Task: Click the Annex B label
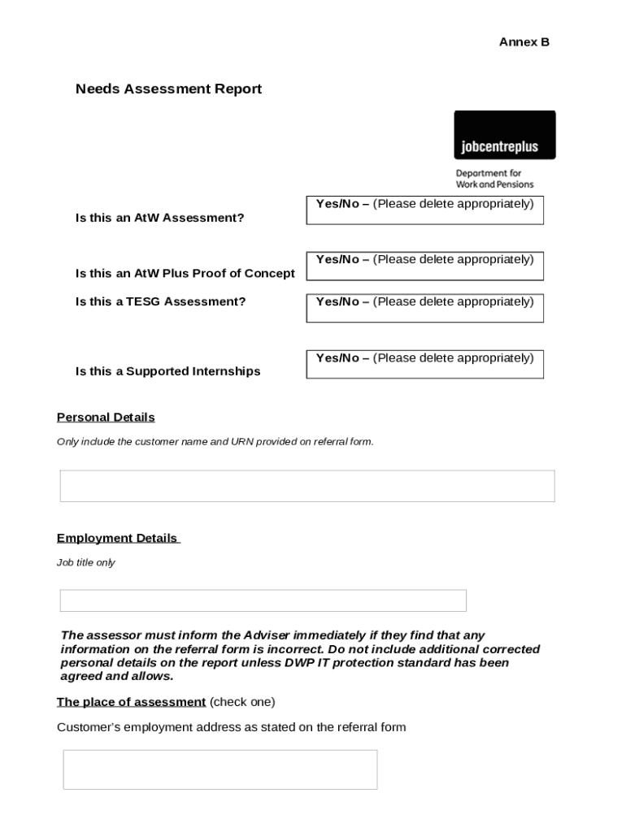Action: coord(524,42)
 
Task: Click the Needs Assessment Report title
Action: coord(168,89)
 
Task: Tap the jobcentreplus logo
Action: coord(504,136)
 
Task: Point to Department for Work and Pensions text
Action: coord(494,179)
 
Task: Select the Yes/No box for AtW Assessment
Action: coord(424,210)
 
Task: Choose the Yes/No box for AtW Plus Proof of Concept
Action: coord(424,266)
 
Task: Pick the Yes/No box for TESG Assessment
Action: coord(424,308)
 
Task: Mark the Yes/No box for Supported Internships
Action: coord(424,364)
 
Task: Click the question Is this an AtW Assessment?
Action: coord(159,218)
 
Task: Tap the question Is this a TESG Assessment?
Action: coord(160,301)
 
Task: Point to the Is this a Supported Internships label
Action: coord(167,371)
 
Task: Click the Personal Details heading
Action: coord(106,418)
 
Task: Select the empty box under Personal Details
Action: coord(307,486)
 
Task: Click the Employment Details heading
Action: coord(117,539)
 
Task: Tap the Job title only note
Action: coord(85,562)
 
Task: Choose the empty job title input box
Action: coord(263,600)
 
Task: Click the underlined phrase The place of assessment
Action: coord(131,702)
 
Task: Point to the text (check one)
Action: coord(242,702)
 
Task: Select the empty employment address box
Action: coord(220,769)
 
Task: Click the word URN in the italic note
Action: coord(243,442)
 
